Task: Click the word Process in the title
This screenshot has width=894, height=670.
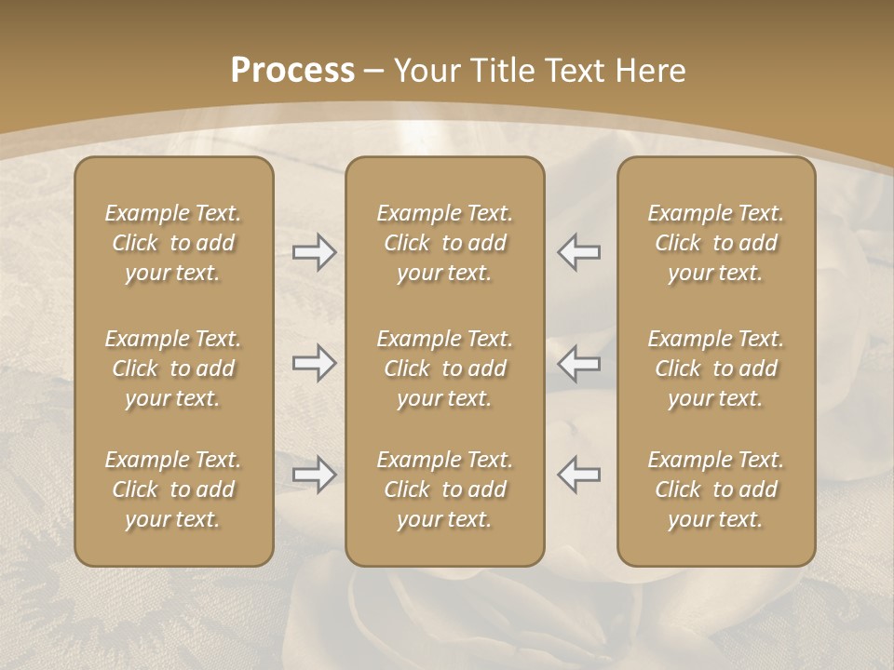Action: click(292, 71)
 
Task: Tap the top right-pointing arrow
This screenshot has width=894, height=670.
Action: click(315, 252)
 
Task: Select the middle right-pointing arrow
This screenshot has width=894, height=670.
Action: click(315, 363)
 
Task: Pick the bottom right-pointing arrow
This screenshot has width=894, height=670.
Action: click(315, 475)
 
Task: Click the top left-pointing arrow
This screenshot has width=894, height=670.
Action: click(578, 252)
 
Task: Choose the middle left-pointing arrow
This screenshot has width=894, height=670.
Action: click(578, 363)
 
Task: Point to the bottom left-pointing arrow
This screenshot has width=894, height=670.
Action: click(578, 475)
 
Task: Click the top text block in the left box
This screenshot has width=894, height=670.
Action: click(173, 243)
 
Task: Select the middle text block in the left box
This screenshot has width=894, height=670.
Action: click(173, 368)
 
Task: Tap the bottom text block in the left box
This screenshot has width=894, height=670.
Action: click(173, 489)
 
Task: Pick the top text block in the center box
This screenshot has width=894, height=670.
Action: click(445, 243)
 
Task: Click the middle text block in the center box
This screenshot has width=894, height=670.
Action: click(445, 368)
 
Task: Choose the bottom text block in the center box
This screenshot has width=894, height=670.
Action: click(445, 489)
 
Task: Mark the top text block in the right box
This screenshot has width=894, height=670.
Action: click(716, 243)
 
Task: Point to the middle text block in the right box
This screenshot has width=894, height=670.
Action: click(716, 368)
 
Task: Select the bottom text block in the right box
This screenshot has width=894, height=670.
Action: click(716, 489)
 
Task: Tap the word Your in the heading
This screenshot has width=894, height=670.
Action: click(425, 71)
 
